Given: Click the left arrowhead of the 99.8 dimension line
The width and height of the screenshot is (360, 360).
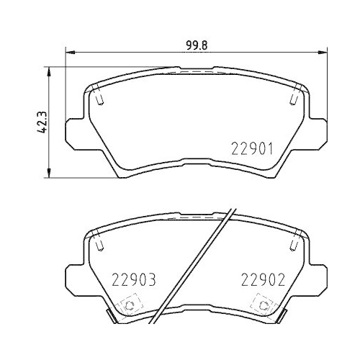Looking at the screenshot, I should coord(68,51).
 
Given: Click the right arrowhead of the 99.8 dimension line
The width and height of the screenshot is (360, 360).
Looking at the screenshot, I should coord(326,51).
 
